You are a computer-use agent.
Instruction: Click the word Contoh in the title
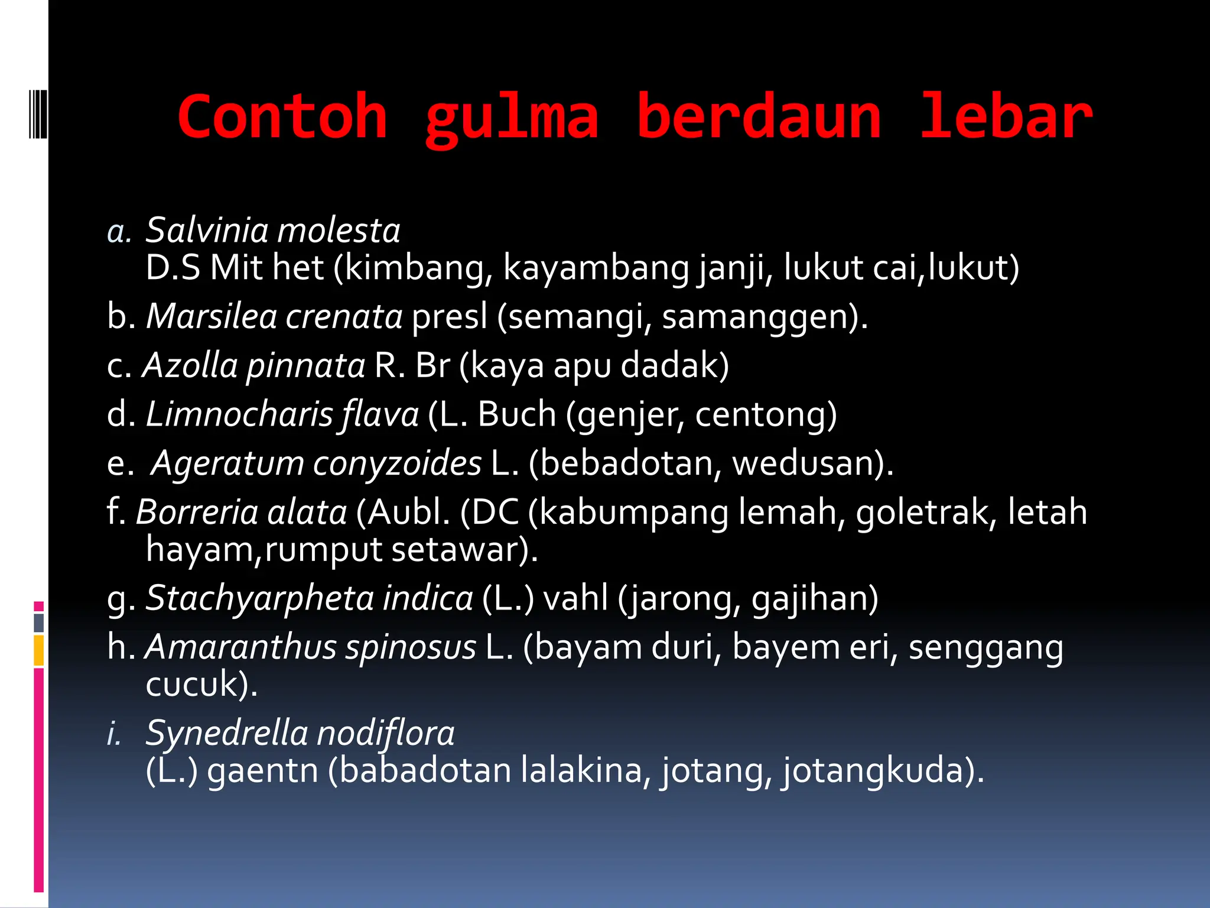click(x=282, y=117)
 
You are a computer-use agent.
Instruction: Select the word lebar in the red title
click(x=1006, y=117)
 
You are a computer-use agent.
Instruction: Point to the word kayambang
click(x=596, y=268)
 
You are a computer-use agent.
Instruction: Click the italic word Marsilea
click(x=211, y=316)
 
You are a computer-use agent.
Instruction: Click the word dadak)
click(x=675, y=365)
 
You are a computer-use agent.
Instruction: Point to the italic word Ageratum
click(x=227, y=463)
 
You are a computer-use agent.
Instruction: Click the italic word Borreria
click(x=197, y=512)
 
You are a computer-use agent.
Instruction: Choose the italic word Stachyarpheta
click(x=259, y=598)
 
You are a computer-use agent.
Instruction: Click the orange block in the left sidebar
click(x=38, y=650)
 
